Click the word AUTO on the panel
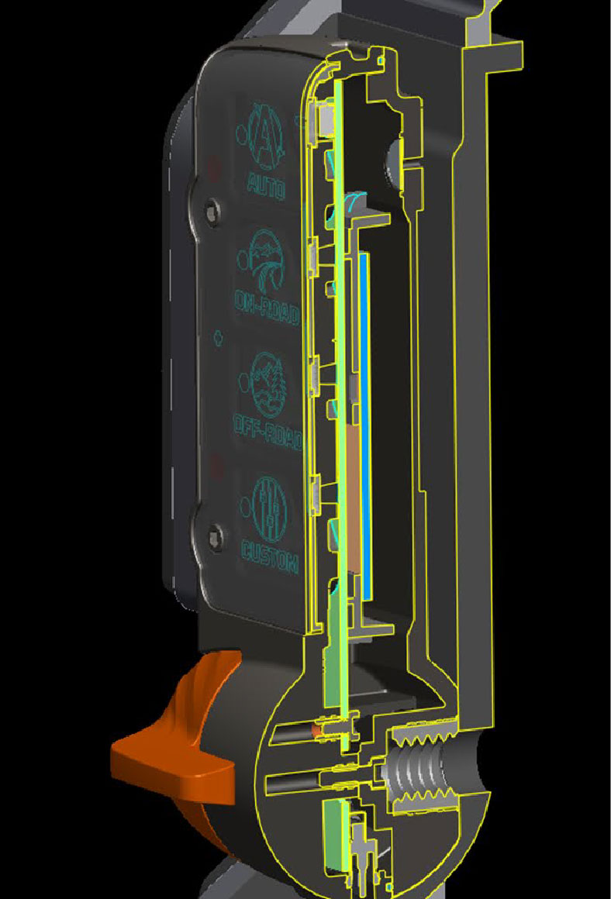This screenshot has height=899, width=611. (266, 184)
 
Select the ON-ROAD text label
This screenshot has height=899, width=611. (266, 307)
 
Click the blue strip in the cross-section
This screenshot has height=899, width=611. (364, 426)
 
